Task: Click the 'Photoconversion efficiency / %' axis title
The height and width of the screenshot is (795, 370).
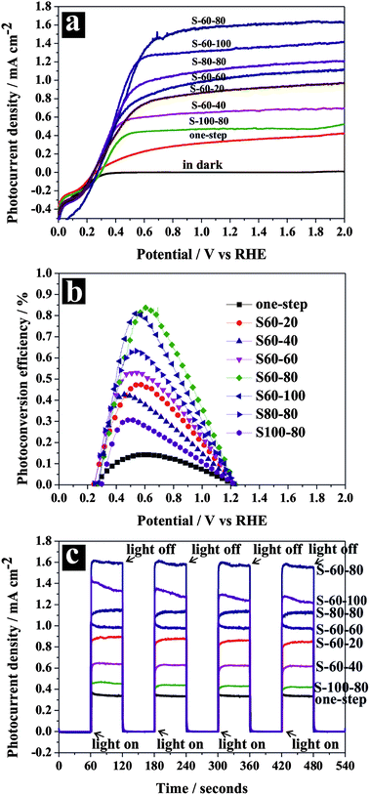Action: pos(13,382)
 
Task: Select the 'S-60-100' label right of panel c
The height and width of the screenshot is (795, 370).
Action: pos(343,599)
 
